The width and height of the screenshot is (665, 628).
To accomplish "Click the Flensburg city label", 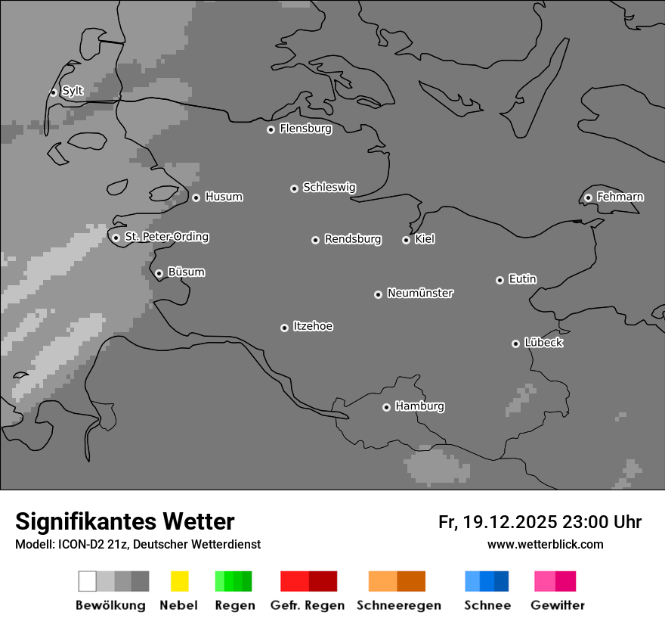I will click(x=305, y=129).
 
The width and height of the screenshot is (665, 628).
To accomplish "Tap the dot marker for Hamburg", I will click(x=386, y=407).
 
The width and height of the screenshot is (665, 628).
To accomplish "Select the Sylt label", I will click(x=73, y=92).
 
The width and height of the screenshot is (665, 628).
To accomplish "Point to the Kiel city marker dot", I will click(x=406, y=240).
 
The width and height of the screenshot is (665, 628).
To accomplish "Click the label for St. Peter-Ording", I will click(x=166, y=237).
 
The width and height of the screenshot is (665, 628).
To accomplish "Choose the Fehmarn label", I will click(x=620, y=197).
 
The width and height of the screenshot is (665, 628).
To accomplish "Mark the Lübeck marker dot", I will click(x=515, y=344).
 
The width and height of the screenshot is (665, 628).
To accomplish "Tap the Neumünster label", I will click(x=420, y=293).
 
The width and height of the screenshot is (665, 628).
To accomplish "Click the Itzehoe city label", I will click(x=313, y=326).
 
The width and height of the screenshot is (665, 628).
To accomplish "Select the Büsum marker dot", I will click(x=159, y=273).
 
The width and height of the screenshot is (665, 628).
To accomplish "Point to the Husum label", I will click(x=224, y=197).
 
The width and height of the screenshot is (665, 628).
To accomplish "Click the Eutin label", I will click(x=522, y=279).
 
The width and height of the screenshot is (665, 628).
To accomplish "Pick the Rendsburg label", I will click(x=353, y=239).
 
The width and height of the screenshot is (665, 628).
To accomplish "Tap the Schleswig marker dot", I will click(x=294, y=188).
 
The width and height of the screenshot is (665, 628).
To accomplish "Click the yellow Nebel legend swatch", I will click(x=179, y=581).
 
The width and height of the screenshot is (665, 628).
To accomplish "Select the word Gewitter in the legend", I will click(x=558, y=605).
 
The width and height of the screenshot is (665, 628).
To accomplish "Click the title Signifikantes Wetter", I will click(x=125, y=522).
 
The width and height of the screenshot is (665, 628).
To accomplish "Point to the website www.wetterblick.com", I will click(x=545, y=544).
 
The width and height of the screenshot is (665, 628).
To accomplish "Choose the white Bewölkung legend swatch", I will click(x=87, y=581).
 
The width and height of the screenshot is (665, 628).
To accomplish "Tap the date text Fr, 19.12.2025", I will click(x=498, y=522).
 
